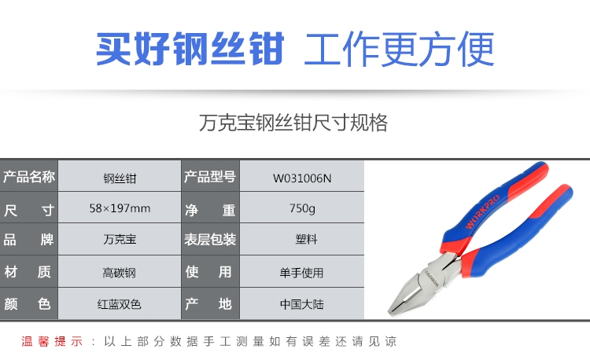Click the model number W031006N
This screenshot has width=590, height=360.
(302, 178)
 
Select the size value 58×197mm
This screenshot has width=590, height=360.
(120, 208)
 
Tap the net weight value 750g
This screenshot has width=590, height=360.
(302, 208)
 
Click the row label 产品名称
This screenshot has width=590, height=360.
(29, 177)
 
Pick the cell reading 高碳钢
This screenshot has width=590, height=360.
(120, 273)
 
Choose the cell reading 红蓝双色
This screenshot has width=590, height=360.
(120, 304)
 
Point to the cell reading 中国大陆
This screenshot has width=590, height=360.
(302, 304)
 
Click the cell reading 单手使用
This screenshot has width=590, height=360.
(302, 273)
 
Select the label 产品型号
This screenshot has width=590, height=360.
(210, 177)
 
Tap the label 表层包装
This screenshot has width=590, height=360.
(210, 240)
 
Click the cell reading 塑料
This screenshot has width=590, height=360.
(306, 240)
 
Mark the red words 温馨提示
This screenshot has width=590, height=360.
(52, 342)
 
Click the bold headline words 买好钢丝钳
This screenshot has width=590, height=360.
(190, 49)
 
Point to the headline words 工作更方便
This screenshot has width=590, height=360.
(399, 49)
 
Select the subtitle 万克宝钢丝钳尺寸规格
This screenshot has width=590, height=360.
(293, 123)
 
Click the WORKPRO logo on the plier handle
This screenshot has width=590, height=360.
(483, 212)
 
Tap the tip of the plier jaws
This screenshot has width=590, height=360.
(390, 311)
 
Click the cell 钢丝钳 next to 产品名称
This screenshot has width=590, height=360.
(120, 178)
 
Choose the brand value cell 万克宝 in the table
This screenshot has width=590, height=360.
(120, 240)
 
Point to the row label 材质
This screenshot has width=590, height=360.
(28, 272)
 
